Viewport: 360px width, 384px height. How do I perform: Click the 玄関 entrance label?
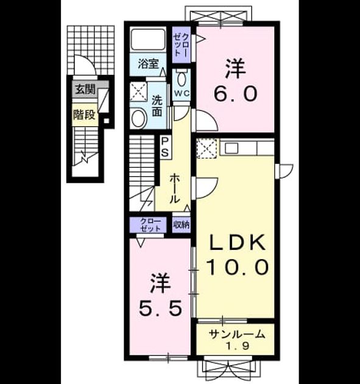(x=85, y=90)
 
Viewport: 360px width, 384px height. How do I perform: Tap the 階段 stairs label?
(x=85, y=115)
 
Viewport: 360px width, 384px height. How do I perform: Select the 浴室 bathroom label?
(x=148, y=63)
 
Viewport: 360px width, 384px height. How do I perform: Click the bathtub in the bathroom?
(x=148, y=40)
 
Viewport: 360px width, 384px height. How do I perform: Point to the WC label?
(x=182, y=93)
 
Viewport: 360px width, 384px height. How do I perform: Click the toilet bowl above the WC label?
(x=182, y=79)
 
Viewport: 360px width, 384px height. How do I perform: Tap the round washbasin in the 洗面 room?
(x=139, y=118)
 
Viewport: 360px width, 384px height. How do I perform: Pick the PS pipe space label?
(x=164, y=147)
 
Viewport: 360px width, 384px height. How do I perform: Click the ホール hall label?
(x=174, y=188)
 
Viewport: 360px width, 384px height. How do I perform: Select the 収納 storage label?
(x=182, y=224)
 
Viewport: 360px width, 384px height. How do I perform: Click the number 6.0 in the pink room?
(x=236, y=93)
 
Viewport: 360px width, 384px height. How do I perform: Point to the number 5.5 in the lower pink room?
(x=160, y=308)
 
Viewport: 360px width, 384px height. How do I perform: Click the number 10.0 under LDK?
(x=238, y=267)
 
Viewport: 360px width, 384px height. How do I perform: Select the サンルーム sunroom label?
(x=237, y=335)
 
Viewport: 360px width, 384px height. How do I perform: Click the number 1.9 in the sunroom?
(x=237, y=346)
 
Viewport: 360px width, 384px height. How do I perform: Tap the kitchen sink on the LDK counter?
(x=231, y=148)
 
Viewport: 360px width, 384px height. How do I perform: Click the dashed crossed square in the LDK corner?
(x=206, y=148)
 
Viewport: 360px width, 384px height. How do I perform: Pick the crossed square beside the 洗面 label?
(x=138, y=91)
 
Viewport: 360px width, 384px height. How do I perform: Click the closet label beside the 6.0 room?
(x=182, y=44)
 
